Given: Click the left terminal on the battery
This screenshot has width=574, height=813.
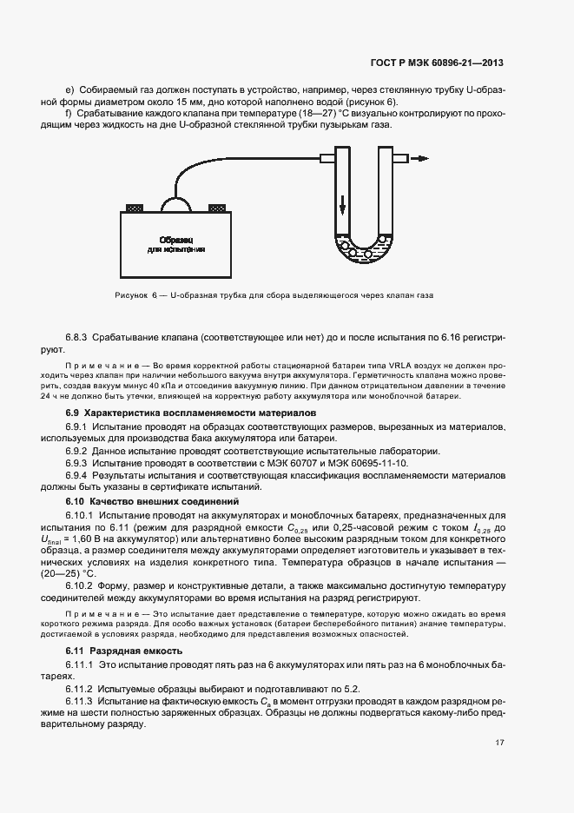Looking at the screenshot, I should coord(135,208).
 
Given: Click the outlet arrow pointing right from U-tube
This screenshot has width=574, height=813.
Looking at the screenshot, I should coord(419,159).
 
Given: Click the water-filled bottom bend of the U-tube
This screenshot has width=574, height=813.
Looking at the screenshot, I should coord(365,252).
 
